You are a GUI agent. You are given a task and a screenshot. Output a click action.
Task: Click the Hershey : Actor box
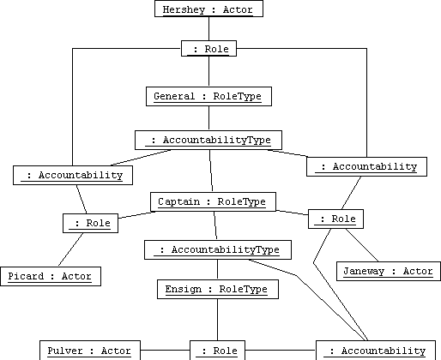click(x=208, y=9)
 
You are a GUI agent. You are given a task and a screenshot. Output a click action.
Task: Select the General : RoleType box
click(x=208, y=97)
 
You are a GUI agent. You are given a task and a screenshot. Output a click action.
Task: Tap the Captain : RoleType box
click(x=213, y=201)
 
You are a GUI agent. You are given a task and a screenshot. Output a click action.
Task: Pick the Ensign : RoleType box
click(x=218, y=289)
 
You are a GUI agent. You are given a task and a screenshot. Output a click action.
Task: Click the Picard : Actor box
click(x=51, y=276)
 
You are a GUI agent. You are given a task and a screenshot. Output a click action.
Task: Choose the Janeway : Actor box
click(x=389, y=271)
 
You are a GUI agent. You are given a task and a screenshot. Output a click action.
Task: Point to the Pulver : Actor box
click(x=90, y=351)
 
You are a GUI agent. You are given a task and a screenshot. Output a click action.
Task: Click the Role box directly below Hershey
click(x=208, y=49)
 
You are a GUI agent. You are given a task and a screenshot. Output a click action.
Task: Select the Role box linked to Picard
click(x=90, y=223)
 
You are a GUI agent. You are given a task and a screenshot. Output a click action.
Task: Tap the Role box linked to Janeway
click(x=335, y=219)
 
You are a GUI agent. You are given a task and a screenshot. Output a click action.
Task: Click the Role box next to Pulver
click(x=217, y=351)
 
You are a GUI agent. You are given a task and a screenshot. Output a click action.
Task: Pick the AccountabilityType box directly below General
click(x=208, y=140)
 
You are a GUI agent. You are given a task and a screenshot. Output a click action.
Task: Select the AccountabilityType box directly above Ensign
click(x=218, y=249)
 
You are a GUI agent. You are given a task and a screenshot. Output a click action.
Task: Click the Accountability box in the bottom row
click(x=376, y=351)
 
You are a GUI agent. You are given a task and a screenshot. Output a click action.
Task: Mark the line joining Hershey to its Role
click(x=208, y=28)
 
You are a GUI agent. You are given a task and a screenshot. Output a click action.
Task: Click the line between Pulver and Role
click(x=165, y=350)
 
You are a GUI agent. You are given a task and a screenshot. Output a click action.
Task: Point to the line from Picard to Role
click(x=70, y=249)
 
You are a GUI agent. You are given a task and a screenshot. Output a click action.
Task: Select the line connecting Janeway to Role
click(x=362, y=245)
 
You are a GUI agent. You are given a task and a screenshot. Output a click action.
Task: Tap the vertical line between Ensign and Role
click(x=217, y=320)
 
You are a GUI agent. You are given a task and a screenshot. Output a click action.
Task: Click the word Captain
click(x=178, y=201)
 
